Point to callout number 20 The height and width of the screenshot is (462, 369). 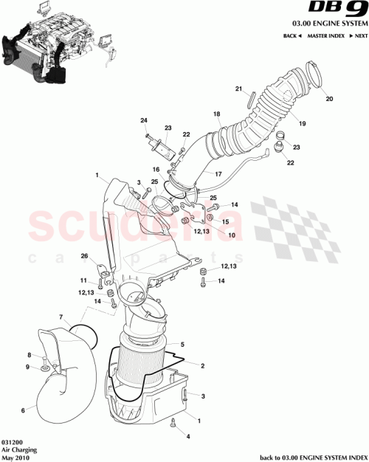click(x=329, y=99)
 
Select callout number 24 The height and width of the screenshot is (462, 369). click(x=145, y=120)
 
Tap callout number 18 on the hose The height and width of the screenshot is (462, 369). click(x=216, y=114)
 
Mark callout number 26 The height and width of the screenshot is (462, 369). click(x=84, y=257)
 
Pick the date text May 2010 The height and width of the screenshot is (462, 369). click(x=15, y=456)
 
